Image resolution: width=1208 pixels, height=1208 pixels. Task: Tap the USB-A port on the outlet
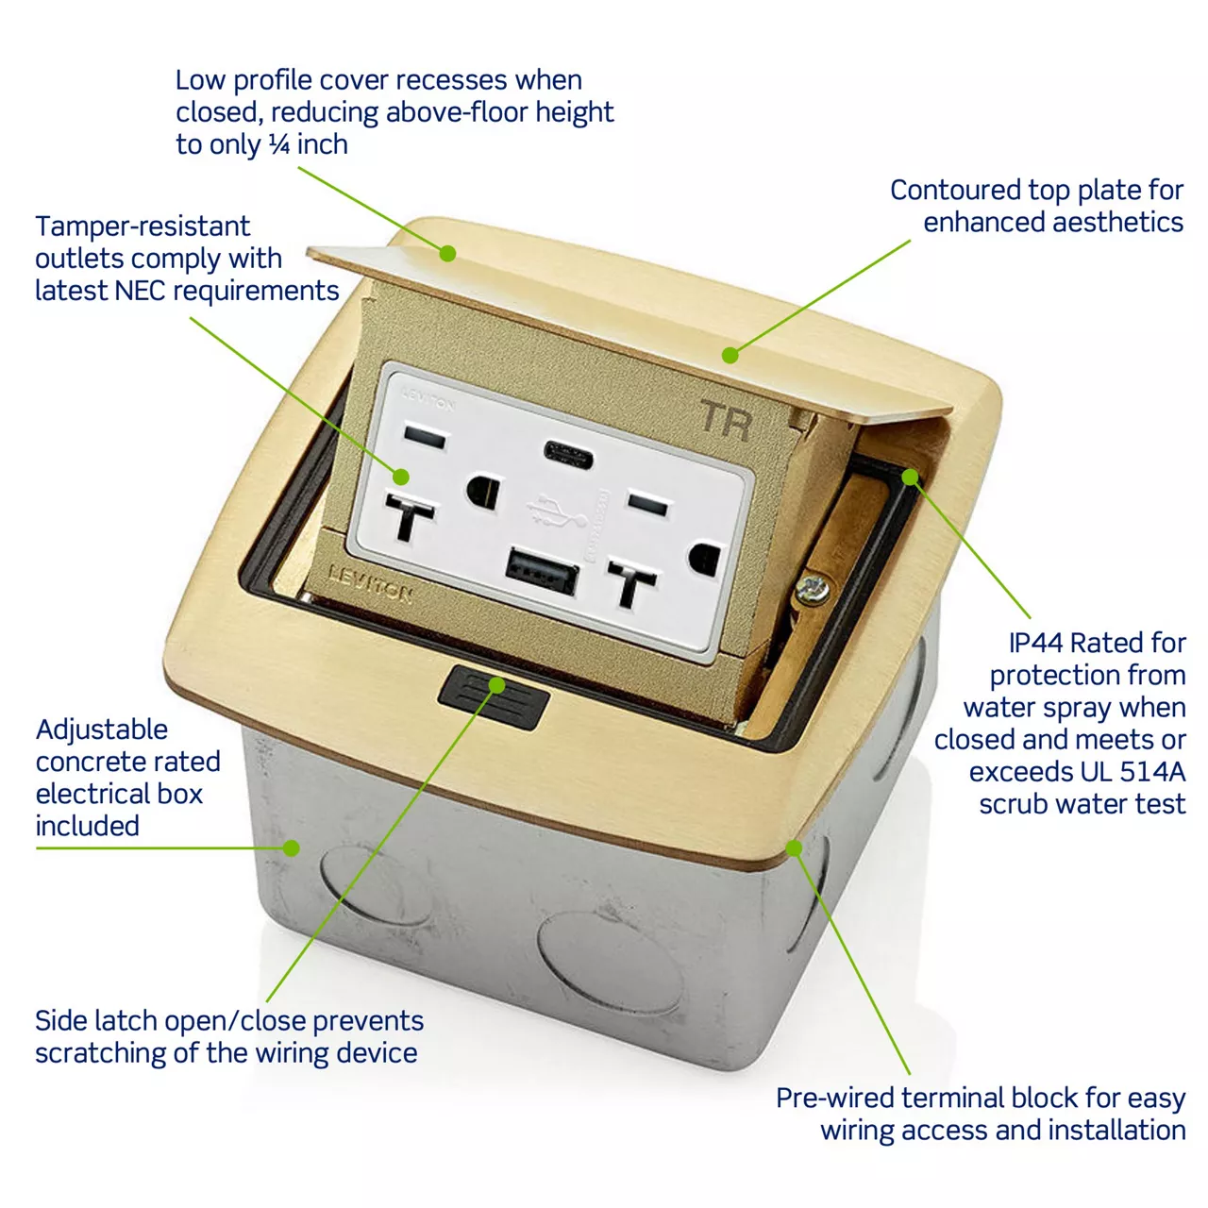click(542, 570)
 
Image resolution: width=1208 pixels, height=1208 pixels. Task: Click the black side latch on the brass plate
click(494, 697)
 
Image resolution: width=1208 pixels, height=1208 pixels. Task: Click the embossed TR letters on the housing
click(726, 421)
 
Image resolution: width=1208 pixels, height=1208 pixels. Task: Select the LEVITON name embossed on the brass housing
click(370, 583)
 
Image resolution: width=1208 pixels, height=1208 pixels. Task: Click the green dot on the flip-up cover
click(447, 253)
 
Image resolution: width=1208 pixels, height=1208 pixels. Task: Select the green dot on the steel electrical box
click(291, 847)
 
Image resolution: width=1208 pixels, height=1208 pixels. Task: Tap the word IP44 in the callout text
click(1035, 643)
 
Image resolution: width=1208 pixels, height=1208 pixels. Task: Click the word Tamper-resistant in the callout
click(143, 226)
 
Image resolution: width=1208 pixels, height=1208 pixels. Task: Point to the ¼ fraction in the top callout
click(279, 144)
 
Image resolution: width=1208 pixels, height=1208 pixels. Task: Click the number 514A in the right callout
click(1152, 772)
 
